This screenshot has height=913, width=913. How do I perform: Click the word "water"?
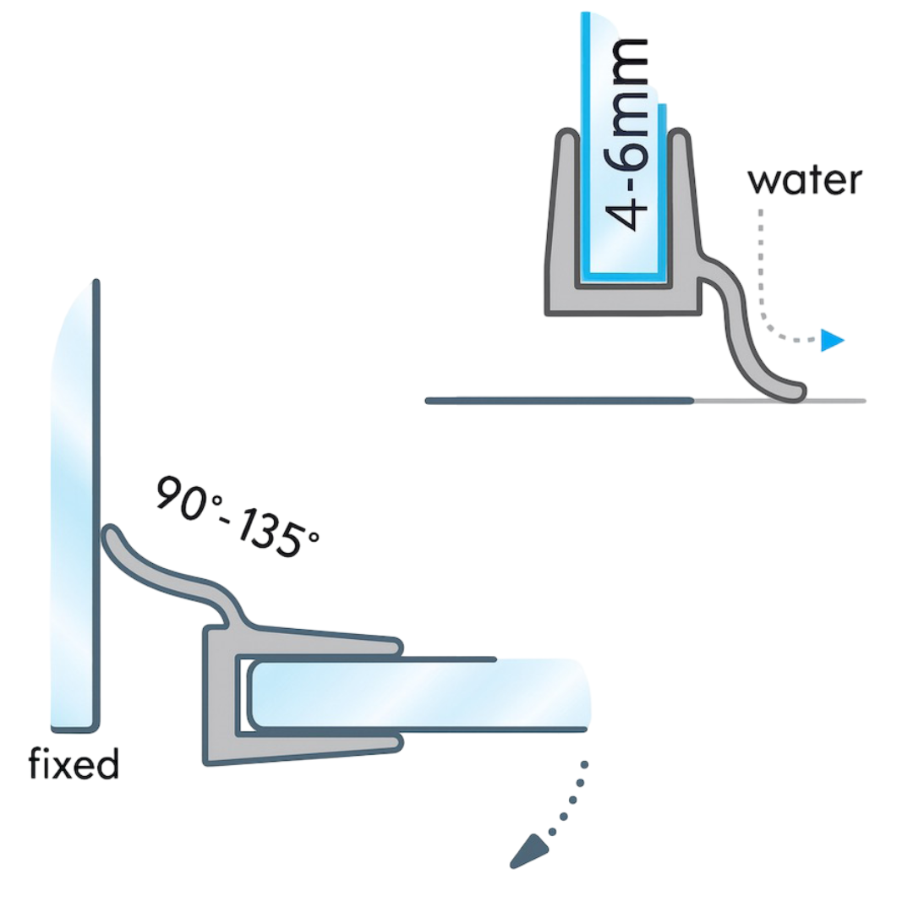804,181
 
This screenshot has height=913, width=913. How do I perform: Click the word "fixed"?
74,763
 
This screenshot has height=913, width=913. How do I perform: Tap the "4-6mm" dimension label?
627,134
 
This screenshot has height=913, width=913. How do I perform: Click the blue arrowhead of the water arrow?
832,340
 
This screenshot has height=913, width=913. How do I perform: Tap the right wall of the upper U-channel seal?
685,210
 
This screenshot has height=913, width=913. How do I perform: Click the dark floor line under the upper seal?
559,401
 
